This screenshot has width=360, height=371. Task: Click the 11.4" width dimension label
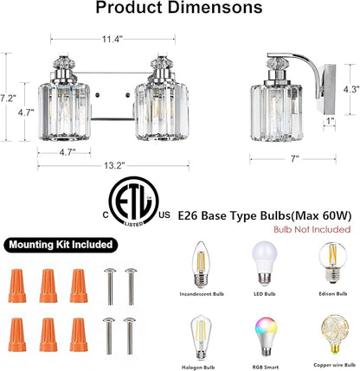click(112, 39)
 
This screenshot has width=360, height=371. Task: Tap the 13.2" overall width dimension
click(114, 165)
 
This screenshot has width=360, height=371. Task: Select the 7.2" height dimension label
click(8, 99)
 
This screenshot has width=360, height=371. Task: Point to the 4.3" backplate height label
click(351, 89)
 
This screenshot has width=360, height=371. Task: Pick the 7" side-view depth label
click(294, 158)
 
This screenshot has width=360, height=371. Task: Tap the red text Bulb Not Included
click(312, 229)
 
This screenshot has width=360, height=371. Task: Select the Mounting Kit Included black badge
click(61, 245)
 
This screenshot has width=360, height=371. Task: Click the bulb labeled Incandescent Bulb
click(202, 265)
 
